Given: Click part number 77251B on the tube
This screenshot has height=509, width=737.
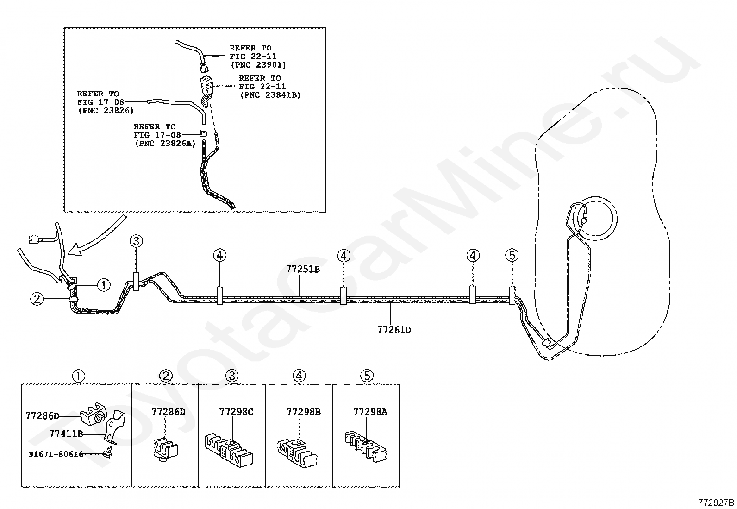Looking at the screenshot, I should [x=303, y=269].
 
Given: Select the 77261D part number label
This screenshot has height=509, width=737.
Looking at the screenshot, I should [x=394, y=330].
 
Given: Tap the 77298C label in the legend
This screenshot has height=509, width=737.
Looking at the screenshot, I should [x=236, y=412].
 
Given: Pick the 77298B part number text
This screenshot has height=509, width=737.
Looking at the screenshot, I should [x=303, y=412].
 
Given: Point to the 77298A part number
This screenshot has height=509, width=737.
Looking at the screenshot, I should [x=370, y=412].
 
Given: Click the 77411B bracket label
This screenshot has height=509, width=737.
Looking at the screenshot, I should [x=66, y=434].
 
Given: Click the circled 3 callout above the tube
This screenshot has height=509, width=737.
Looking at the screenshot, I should [x=136, y=241].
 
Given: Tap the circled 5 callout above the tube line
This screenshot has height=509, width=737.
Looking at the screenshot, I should [x=512, y=255].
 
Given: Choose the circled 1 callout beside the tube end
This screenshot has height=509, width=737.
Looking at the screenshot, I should [x=104, y=285].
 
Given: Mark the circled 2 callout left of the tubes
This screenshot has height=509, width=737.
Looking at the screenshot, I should [x=37, y=299].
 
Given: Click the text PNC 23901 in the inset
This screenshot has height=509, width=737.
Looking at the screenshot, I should [x=258, y=65].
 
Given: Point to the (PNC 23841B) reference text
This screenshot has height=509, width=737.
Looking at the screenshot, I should [x=269, y=95].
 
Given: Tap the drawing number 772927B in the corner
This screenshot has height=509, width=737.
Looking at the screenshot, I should [x=716, y=503].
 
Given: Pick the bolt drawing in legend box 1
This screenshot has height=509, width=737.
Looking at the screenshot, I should [x=109, y=450].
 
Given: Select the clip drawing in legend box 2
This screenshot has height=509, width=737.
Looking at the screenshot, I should [x=165, y=447].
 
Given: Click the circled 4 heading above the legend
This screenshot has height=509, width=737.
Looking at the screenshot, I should [x=299, y=376].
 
